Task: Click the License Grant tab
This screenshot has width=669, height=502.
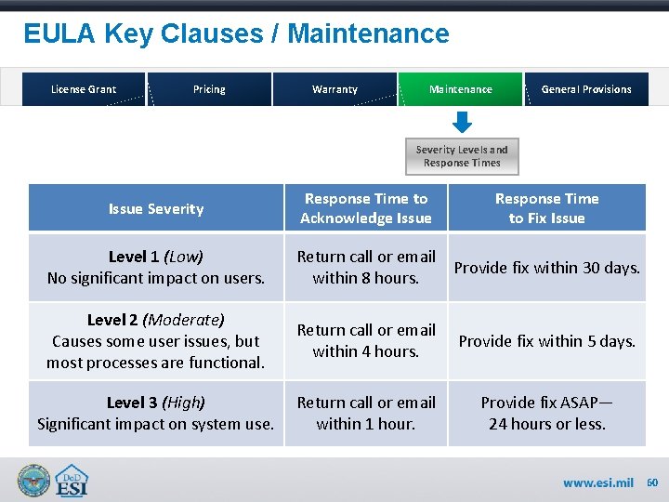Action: tap(84, 89)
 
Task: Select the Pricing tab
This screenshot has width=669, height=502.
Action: tap(209, 89)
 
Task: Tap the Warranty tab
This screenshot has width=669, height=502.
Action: tap(334, 89)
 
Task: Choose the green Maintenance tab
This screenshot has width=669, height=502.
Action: tap(461, 89)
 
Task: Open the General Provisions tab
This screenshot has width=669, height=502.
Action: tap(586, 89)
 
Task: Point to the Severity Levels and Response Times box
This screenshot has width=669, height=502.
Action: tap(462, 156)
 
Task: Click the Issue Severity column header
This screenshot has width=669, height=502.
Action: tap(155, 208)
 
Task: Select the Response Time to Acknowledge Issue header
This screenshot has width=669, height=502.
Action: tap(365, 208)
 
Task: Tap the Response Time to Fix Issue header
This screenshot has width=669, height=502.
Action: tap(546, 208)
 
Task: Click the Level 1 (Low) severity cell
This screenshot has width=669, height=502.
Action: tap(155, 267)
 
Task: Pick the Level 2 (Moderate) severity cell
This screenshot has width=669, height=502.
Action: tap(155, 340)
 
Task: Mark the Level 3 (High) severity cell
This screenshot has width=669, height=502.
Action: tap(155, 414)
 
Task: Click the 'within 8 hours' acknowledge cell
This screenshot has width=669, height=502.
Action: tap(365, 267)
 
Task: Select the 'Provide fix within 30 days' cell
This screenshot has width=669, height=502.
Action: tap(546, 268)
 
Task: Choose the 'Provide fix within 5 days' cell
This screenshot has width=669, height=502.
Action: tap(546, 340)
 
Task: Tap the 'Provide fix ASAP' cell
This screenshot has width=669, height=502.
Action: tap(546, 414)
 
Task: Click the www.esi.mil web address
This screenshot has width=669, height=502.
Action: tap(598, 482)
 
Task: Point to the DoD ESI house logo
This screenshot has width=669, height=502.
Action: tap(72, 481)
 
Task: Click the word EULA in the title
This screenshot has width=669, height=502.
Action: tap(60, 34)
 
